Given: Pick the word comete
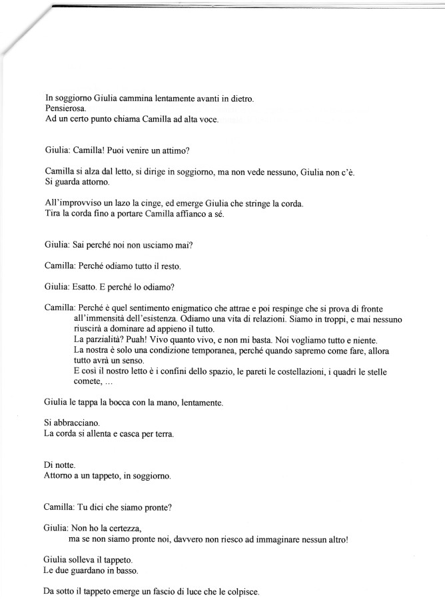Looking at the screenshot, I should [x=87, y=382].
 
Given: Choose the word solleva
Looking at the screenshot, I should [x=89, y=558].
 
